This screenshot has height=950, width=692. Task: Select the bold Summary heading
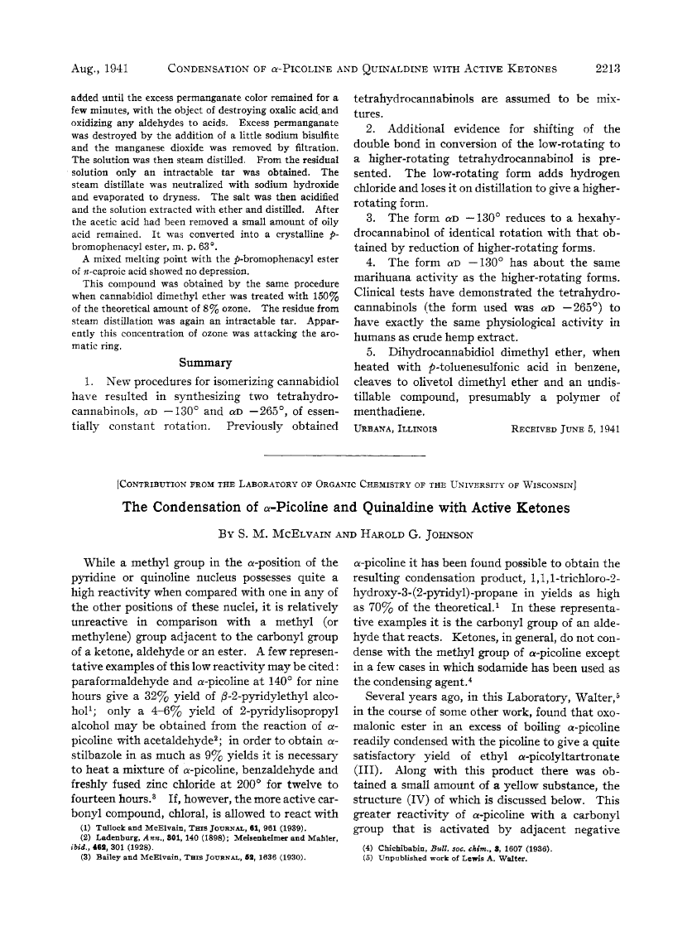pos(205,363)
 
